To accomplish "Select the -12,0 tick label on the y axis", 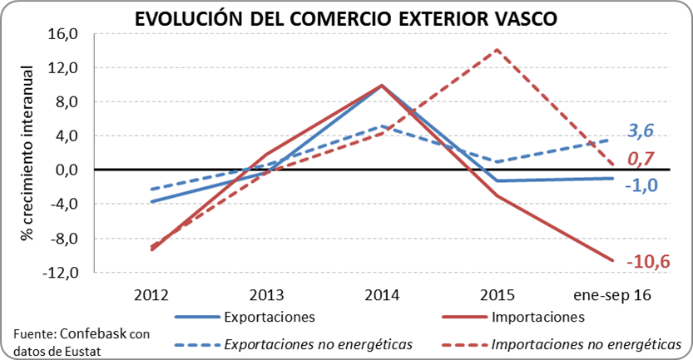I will coord(62,272).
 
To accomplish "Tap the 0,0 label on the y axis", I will coord(67,170).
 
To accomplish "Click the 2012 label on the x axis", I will coord(151,294).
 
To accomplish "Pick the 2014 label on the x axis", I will coord(382,294).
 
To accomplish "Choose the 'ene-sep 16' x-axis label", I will coord(612,294).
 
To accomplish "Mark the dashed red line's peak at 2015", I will coord(497,49).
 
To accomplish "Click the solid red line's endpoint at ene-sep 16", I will coord(613,260).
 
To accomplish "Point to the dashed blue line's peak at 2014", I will coord(382,126).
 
